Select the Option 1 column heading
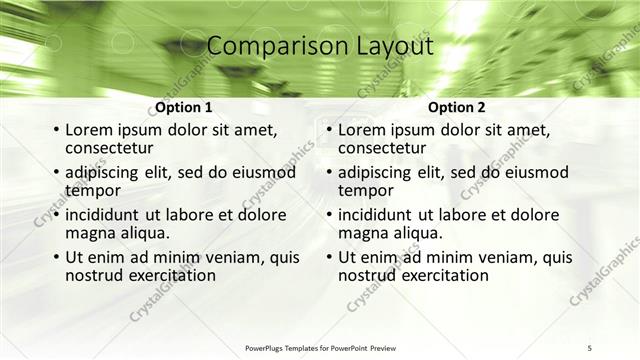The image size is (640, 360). click(183, 107)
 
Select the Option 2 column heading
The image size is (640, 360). click(456, 107)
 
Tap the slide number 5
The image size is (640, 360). click(590, 347)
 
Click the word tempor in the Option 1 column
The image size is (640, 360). click(92, 190)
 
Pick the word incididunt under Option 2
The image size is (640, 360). click(379, 215)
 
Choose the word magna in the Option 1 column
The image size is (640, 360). click(89, 233)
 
